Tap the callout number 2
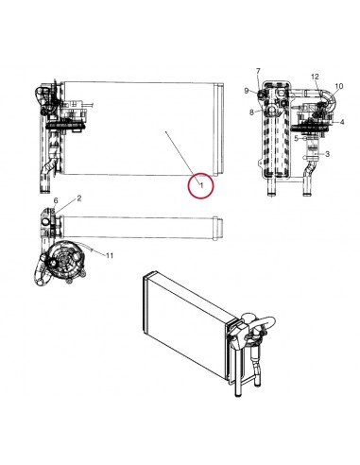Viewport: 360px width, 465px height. click(x=78, y=198)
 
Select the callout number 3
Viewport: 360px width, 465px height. click(x=327, y=153)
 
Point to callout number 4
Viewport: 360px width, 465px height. click(x=342, y=122)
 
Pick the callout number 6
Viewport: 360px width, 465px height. click(x=56, y=201)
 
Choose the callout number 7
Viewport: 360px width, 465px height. click(x=257, y=72)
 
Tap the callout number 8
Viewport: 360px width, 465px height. click(x=251, y=112)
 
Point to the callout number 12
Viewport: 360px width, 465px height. click(x=315, y=76)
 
